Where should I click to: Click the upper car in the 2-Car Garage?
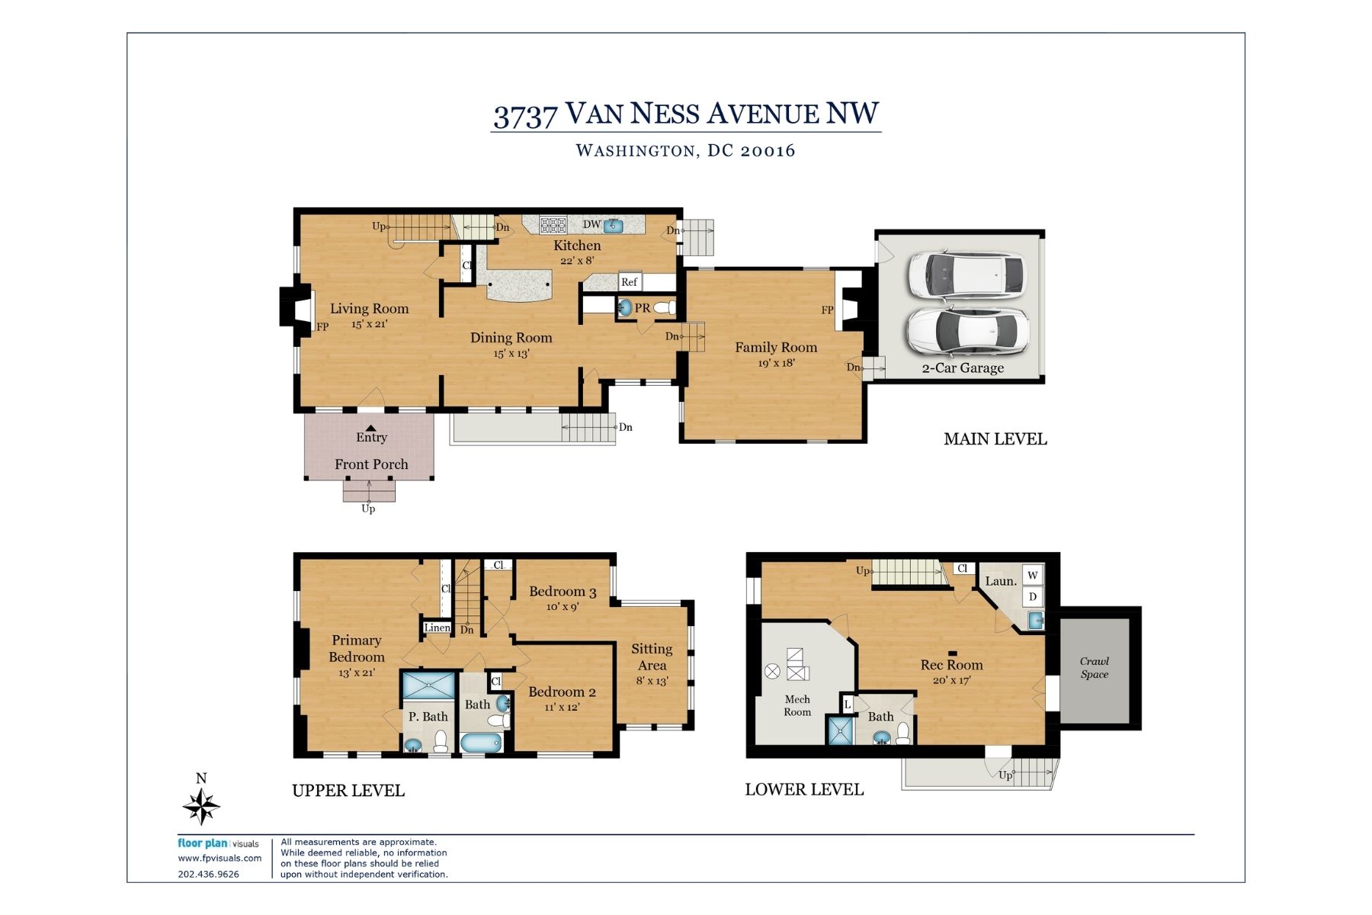(x=966, y=275)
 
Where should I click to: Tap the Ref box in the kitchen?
(x=629, y=281)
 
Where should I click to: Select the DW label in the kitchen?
(x=591, y=224)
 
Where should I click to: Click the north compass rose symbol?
(x=201, y=805)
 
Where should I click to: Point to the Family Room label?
(x=775, y=347)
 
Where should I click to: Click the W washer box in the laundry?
(x=1033, y=575)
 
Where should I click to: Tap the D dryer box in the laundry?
(x=1033, y=596)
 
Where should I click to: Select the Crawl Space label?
(x=1094, y=667)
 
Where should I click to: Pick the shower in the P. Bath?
(x=428, y=685)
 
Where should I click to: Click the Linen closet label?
(x=437, y=628)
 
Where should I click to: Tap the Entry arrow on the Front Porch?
(x=370, y=429)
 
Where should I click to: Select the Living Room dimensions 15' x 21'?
(x=369, y=324)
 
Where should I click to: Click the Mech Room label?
(x=797, y=705)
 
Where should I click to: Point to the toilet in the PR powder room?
(x=665, y=308)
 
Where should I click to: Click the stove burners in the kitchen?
(x=553, y=225)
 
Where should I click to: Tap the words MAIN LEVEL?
(x=995, y=439)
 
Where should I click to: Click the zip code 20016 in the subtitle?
(x=768, y=150)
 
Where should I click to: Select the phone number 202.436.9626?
(x=208, y=875)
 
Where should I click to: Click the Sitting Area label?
(x=652, y=657)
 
